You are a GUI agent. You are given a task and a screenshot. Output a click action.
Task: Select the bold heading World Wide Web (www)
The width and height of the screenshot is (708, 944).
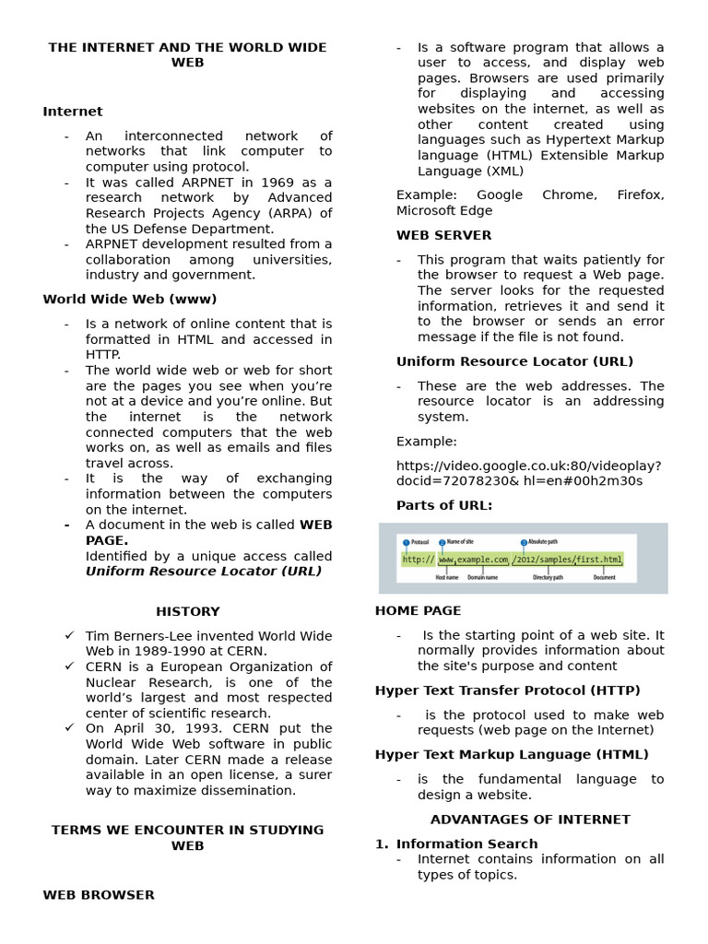pyautogui.click(x=130, y=299)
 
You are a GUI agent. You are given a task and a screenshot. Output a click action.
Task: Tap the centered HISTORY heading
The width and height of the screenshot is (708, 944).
pyautogui.click(x=188, y=611)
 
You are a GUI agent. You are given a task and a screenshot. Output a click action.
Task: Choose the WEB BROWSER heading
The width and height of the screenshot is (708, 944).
pyautogui.click(x=99, y=894)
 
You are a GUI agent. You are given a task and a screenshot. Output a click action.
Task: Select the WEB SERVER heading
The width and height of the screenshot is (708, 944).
pyautogui.click(x=443, y=235)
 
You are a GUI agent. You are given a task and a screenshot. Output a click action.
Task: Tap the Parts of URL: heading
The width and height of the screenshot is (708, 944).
pyautogui.click(x=444, y=505)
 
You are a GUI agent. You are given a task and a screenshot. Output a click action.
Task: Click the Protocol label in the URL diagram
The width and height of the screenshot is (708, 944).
pyautogui.click(x=419, y=543)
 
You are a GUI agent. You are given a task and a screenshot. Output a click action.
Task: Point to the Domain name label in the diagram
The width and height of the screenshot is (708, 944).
pyautogui.click(x=482, y=578)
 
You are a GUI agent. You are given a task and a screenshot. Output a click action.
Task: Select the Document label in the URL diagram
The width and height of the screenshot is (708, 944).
pyautogui.click(x=605, y=578)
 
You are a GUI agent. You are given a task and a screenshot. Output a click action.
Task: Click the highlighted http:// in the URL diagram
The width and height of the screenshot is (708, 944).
pyautogui.click(x=418, y=560)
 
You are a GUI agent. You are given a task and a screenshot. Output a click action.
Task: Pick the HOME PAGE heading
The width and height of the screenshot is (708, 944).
pyautogui.click(x=418, y=610)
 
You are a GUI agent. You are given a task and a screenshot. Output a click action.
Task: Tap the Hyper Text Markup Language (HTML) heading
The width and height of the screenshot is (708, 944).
pyautogui.click(x=512, y=754)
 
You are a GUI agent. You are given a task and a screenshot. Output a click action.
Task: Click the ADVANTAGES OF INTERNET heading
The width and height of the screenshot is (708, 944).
pyautogui.click(x=530, y=819)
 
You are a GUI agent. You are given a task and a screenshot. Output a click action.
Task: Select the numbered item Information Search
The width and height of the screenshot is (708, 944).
pyautogui.click(x=466, y=844)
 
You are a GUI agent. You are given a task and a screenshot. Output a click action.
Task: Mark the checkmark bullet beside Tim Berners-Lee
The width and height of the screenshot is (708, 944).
pyautogui.click(x=70, y=636)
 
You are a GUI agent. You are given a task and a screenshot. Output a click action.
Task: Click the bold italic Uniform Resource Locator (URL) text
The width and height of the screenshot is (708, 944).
pyautogui.click(x=204, y=571)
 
